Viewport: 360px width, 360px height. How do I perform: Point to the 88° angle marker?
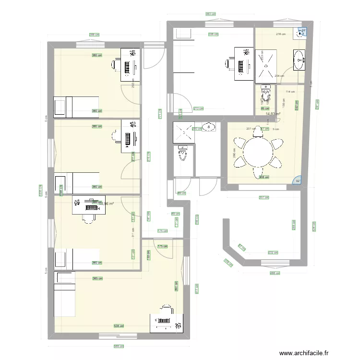(303, 31)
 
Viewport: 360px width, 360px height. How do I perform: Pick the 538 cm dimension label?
(118, 326)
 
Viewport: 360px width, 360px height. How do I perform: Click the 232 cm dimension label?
(273, 252)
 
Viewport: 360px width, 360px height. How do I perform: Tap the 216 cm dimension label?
(281, 34)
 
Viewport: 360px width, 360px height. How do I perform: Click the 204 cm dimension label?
(279, 75)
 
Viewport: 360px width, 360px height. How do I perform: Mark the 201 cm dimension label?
(250, 129)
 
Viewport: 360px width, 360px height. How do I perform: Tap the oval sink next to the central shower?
(209, 127)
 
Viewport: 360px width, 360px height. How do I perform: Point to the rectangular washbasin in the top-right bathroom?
(300, 60)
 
